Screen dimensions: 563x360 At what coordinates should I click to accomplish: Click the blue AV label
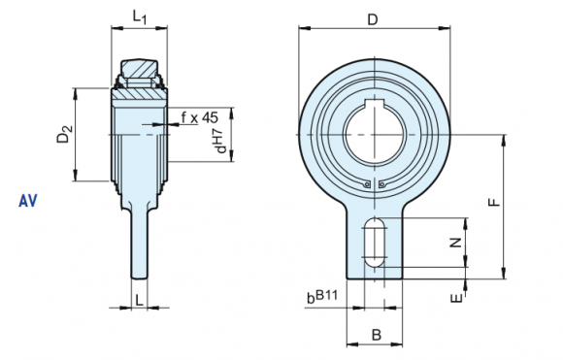(27, 201)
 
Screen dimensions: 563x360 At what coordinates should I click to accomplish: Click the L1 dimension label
(140, 16)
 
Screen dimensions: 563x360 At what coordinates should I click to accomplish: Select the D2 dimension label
(65, 134)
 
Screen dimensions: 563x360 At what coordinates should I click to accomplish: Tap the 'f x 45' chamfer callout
(200, 117)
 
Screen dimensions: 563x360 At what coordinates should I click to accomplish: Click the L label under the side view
(139, 300)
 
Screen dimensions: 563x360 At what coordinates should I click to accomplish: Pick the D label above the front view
(373, 19)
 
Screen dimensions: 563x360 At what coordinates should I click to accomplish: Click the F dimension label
(494, 203)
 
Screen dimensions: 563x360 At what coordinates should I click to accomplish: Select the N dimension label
(456, 243)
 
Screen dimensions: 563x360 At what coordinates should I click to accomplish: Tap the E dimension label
(457, 298)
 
